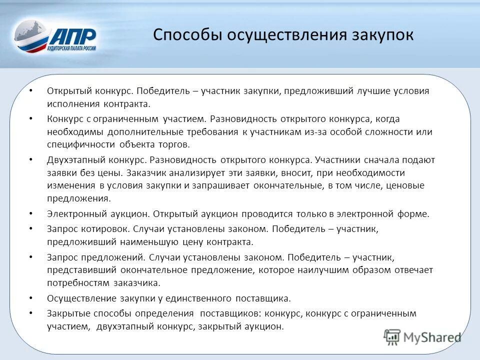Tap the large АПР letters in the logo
[x=73, y=36]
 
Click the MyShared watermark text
[x=433, y=337]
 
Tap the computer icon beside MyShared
[x=392, y=337]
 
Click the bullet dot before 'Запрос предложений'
[x=31, y=256]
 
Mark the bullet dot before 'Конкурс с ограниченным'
[x=31, y=118]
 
